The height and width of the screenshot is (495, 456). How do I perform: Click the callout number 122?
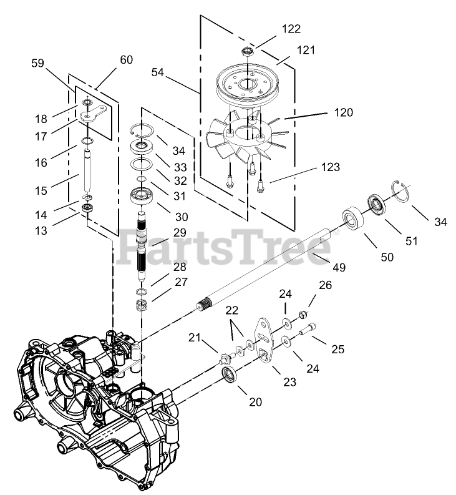click(291, 29)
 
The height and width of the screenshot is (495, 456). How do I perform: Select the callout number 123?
click(330, 167)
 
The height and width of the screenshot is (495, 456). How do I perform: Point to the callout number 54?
click(158, 73)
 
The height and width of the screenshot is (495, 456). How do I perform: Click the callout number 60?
click(126, 60)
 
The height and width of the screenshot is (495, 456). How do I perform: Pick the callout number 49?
click(339, 267)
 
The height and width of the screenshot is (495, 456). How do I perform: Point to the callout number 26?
click(325, 285)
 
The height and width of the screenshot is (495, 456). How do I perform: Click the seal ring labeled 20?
click(231, 376)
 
